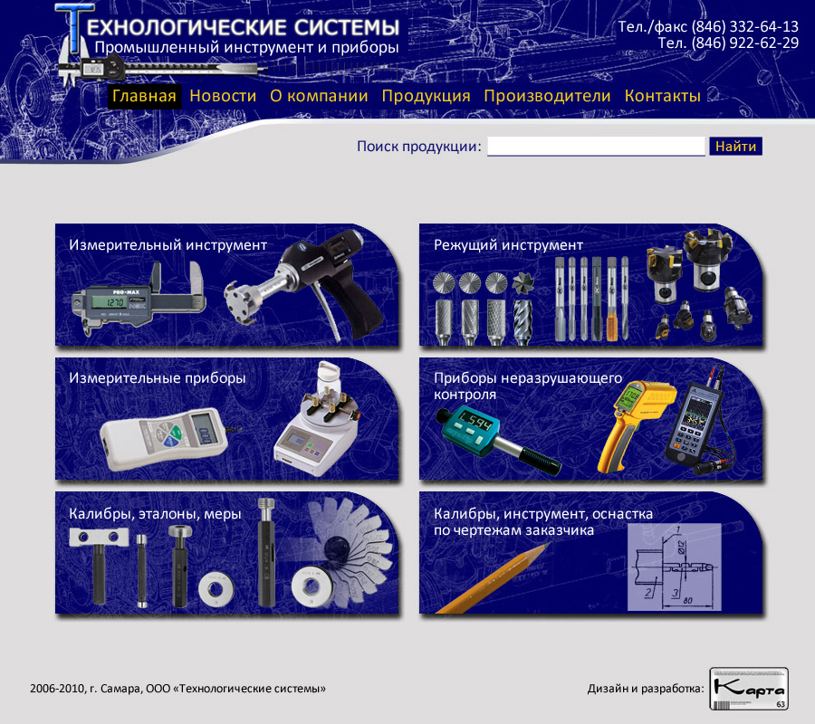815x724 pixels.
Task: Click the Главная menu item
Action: [x=144, y=96]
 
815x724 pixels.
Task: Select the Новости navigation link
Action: [x=223, y=96]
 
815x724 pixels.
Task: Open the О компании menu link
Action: [x=319, y=96]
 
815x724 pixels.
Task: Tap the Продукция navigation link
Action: [x=426, y=96]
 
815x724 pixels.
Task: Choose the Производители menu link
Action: [x=547, y=96]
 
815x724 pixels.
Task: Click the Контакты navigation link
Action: [x=663, y=96]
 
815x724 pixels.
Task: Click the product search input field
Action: [x=596, y=147]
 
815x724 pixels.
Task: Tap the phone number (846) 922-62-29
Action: [x=745, y=43]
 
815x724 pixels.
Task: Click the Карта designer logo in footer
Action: [x=749, y=689]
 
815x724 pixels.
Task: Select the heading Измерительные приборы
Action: [x=158, y=378]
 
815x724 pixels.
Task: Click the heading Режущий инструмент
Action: [x=508, y=245]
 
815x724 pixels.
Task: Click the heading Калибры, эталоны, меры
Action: [x=155, y=514]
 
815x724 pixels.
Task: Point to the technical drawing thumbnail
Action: [x=674, y=567]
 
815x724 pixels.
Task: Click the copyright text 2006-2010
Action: [x=57, y=689]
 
